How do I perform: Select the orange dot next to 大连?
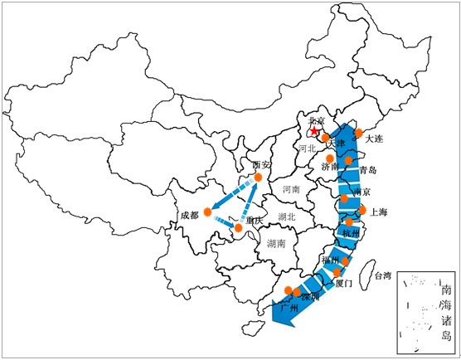point(358,133)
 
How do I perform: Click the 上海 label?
point(384,211)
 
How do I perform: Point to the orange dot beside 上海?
point(362,211)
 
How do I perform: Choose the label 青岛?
point(367,170)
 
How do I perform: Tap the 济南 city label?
point(330,167)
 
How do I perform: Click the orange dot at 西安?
point(259,177)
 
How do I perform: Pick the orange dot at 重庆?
point(239,226)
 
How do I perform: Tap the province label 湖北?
point(288,217)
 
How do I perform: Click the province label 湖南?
point(276,244)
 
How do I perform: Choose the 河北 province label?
point(308,149)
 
